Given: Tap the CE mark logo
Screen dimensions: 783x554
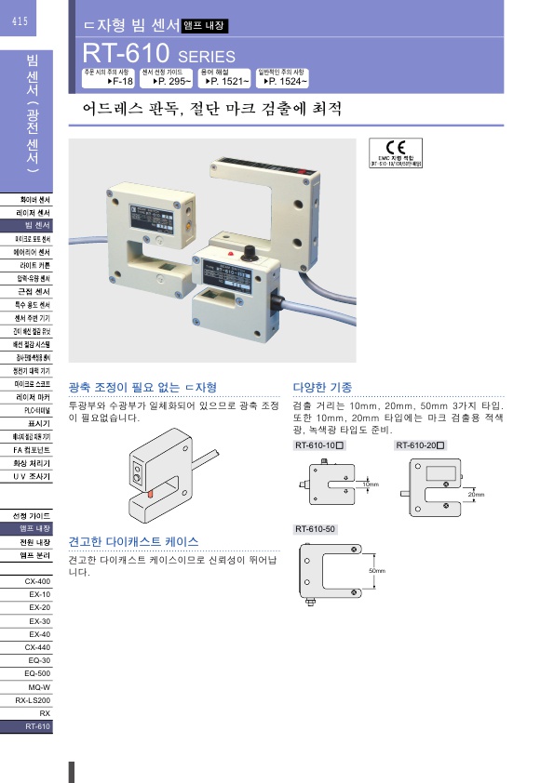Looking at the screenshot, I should click(x=395, y=149).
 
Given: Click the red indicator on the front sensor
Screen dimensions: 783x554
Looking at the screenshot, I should click(x=227, y=252).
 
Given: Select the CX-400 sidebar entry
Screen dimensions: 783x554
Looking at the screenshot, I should click(x=37, y=581).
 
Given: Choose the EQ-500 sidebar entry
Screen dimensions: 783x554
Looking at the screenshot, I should click(x=37, y=672).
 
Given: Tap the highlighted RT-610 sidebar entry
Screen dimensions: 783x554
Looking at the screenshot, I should click(x=37, y=725).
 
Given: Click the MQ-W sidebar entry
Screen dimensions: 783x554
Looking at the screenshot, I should click(x=39, y=685).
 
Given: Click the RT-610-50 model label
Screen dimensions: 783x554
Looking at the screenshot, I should click(x=316, y=529).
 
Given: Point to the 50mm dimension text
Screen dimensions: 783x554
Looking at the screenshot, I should click(x=376, y=569).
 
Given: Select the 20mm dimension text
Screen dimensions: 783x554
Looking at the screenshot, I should click(x=477, y=495).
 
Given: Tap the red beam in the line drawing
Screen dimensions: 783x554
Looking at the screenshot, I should click(x=150, y=495).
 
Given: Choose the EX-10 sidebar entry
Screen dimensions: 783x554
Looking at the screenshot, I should click(x=39, y=594).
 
